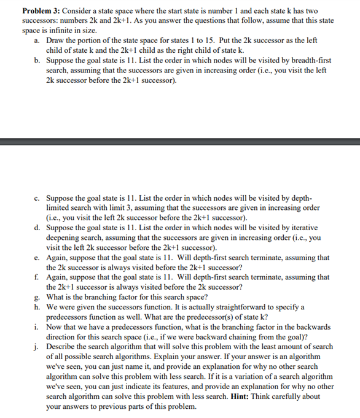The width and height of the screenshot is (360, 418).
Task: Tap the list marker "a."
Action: (x=37, y=40)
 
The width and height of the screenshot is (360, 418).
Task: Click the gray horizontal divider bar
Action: (x=180, y=142)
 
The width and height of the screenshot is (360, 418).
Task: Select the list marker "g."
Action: (x=37, y=297)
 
